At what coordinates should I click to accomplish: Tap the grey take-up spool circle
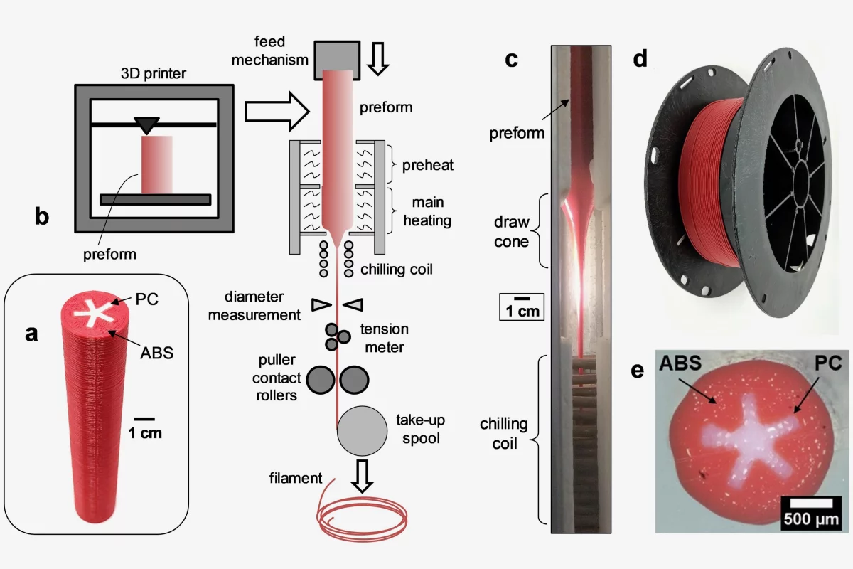click(362, 431)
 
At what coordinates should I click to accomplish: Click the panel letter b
click(43, 216)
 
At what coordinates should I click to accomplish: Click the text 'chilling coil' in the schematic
click(396, 270)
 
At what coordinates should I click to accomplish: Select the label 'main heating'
click(427, 211)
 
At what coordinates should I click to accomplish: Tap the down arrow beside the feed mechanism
click(378, 58)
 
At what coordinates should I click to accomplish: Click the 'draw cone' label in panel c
click(511, 231)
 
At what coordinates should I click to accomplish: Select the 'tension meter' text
click(384, 338)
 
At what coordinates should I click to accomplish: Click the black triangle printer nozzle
click(146, 126)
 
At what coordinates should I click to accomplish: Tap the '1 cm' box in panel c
click(521, 307)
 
